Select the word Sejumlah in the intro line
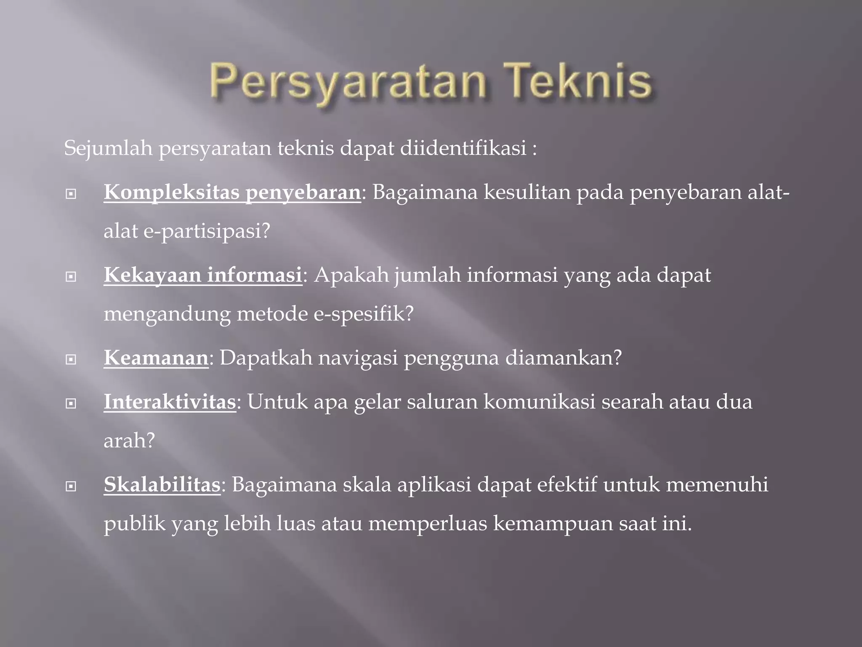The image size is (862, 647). click(108, 148)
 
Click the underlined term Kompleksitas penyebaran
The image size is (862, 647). click(232, 192)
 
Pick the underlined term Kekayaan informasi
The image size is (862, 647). click(203, 275)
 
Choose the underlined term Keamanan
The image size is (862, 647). click(156, 358)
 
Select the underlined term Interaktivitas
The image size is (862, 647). click(170, 401)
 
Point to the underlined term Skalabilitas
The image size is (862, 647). click(162, 484)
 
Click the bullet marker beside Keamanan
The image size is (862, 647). click(71, 359)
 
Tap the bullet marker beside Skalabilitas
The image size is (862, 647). click(71, 487)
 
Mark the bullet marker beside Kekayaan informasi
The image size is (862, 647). click(71, 277)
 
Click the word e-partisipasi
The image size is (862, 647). click(206, 232)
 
